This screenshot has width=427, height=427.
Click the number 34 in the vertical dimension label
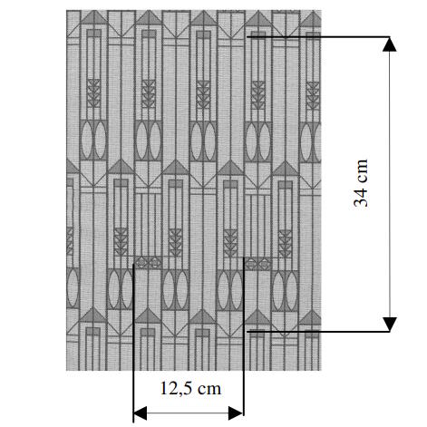(361, 197)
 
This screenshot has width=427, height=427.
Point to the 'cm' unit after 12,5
(209, 389)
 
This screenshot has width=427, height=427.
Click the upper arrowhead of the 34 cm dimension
(390, 44)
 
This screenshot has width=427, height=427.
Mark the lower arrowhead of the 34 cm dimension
(390, 325)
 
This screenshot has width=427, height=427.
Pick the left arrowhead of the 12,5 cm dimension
(141, 413)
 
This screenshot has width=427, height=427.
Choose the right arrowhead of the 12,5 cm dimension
(236, 413)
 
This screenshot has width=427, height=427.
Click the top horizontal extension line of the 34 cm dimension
(318, 37)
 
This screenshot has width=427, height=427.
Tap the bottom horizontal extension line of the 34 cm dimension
(318, 332)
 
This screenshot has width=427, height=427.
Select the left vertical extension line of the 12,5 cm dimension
(133, 343)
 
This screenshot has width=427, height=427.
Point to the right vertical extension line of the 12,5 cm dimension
(244, 336)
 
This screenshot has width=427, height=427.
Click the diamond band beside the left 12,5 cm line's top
(148, 263)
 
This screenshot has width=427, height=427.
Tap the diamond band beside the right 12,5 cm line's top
(257, 264)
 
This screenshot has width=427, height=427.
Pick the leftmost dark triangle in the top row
(93, 17)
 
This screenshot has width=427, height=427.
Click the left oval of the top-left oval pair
(87, 140)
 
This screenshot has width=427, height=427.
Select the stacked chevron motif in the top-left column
(93, 93)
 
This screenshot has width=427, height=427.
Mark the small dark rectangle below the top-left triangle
(94, 34)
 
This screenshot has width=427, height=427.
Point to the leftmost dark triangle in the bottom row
(93, 315)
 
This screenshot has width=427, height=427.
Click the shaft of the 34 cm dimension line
(390, 184)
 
